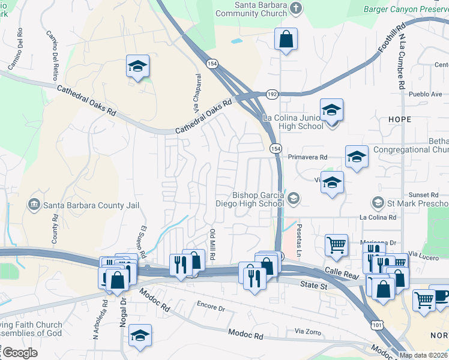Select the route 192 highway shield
coord(273,94)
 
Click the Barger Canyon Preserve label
coord(406,9)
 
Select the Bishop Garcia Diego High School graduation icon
coord(294,199)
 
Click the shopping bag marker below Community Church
coord(286,40)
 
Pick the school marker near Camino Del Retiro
coord(137,66)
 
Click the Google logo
coord(20,353)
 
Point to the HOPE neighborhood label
coord(399,119)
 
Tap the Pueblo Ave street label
coord(425,94)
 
